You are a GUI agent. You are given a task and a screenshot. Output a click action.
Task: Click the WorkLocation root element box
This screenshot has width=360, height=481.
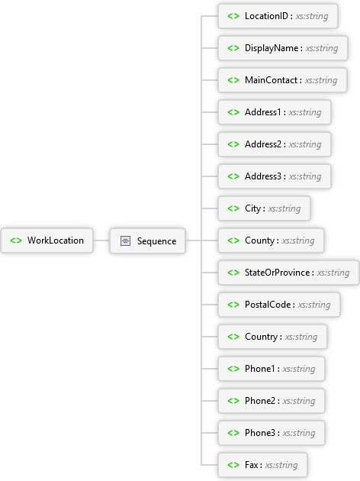tap(47, 240)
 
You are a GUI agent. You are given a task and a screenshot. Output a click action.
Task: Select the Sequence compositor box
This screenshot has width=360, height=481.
tap(148, 240)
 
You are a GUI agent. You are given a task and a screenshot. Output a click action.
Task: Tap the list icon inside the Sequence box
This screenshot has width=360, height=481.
tap(125, 240)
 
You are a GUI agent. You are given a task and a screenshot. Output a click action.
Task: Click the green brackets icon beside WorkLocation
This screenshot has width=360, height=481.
tap(16, 240)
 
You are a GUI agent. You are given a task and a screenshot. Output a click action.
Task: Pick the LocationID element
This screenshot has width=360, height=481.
tap(278, 16)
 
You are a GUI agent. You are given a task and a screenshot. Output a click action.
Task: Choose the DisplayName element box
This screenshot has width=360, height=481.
tap(283, 48)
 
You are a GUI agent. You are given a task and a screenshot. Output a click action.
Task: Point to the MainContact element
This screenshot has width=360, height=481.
tap(282, 80)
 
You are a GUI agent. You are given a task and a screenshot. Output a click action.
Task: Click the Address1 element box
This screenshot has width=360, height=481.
tap(275, 112)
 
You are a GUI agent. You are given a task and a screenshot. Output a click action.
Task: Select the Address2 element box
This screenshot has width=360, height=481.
tap(275, 144)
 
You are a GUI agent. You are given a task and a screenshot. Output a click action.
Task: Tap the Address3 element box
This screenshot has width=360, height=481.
tap(275, 176)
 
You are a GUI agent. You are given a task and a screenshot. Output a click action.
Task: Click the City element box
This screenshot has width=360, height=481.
tap(264, 208)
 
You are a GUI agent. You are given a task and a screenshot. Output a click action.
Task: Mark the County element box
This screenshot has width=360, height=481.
tap(271, 240)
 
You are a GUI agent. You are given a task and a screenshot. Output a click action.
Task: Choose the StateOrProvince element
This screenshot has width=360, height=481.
tap(288, 273)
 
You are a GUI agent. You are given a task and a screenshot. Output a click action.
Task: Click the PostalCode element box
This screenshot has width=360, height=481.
tap(279, 305)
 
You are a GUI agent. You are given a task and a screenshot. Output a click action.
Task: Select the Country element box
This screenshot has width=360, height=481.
tap(273, 337)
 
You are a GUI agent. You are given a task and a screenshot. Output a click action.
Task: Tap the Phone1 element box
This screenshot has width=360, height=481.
tap(272, 369)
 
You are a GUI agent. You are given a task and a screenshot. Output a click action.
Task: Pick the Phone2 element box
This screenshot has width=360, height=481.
tap(272, 401)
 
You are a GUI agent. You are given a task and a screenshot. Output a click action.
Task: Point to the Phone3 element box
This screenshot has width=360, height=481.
tap(272, 433)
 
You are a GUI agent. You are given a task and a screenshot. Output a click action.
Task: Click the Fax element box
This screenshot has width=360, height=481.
tap(262, 465)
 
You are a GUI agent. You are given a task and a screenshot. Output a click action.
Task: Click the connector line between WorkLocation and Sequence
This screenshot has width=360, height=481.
tap(101, 240)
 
